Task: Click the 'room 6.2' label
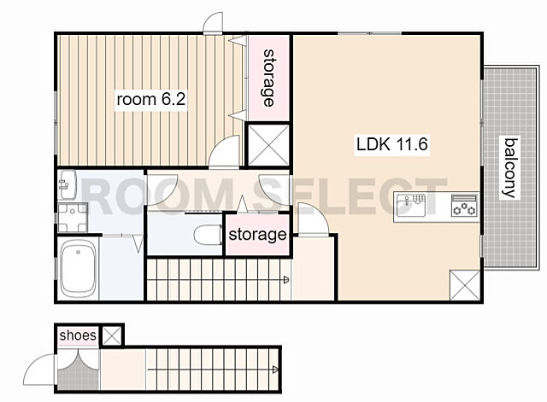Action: tap(151, 100)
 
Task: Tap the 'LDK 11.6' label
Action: tap(392, 144)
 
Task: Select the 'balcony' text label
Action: tap(510, 167)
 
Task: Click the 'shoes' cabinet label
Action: tap(78, 335)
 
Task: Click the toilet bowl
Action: tap(208, 235)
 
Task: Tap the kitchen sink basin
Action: tap(411, 206)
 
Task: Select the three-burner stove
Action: tap(464, 206)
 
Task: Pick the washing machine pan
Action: tap(73, 218)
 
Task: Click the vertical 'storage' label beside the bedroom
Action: tap(268, 78)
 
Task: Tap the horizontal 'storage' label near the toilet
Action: tap(257, 235)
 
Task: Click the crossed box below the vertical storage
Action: tap(268, 145)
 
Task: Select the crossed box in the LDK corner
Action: tap(465, 284)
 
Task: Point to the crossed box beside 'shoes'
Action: tap(112, 336)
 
